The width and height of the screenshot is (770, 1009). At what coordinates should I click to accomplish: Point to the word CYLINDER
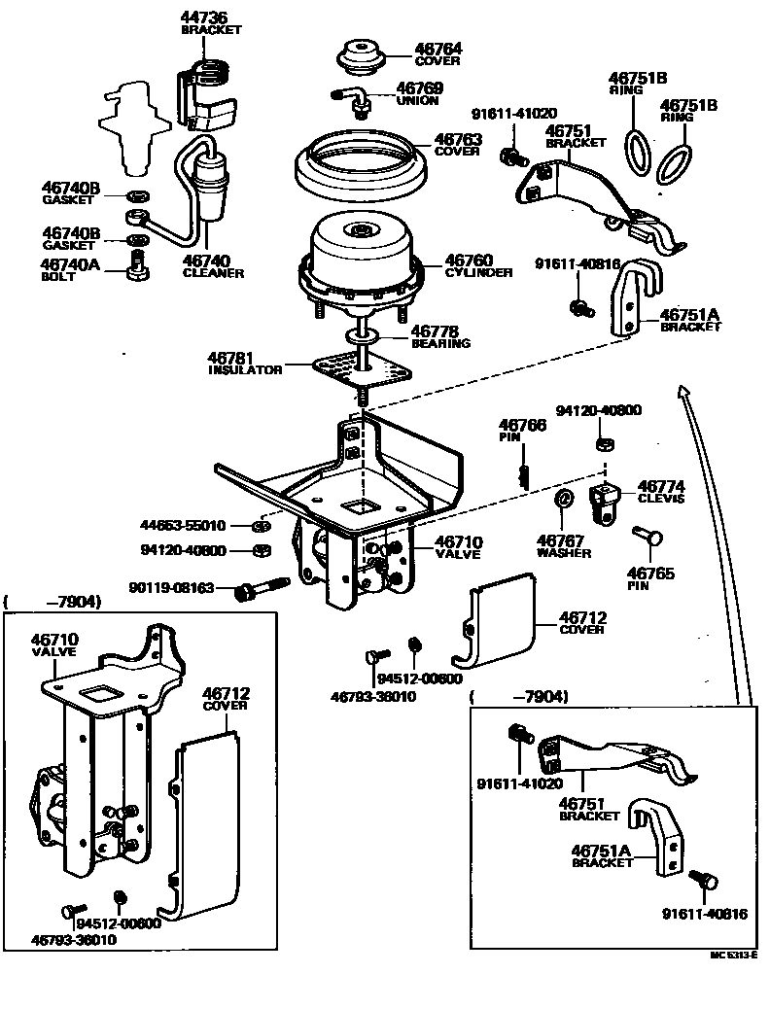[x=478, y=273]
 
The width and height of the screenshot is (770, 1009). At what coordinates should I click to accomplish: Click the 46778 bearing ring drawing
[x=362, y=336]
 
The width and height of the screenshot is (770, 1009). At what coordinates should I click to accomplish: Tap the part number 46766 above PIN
[x=522, y=425]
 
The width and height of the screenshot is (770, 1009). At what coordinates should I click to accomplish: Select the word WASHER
[x=565, y=552]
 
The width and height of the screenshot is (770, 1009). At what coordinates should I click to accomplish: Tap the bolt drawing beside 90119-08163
[x=262, y=588]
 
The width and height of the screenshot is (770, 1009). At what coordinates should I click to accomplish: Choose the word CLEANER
[x=213, y=273]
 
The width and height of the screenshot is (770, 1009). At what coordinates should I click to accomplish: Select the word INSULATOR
[x=246, y=370]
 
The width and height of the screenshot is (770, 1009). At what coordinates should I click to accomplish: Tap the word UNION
[x=417, y=101]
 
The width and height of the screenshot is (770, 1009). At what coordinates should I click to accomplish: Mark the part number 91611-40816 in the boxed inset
[x=706, y=914]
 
